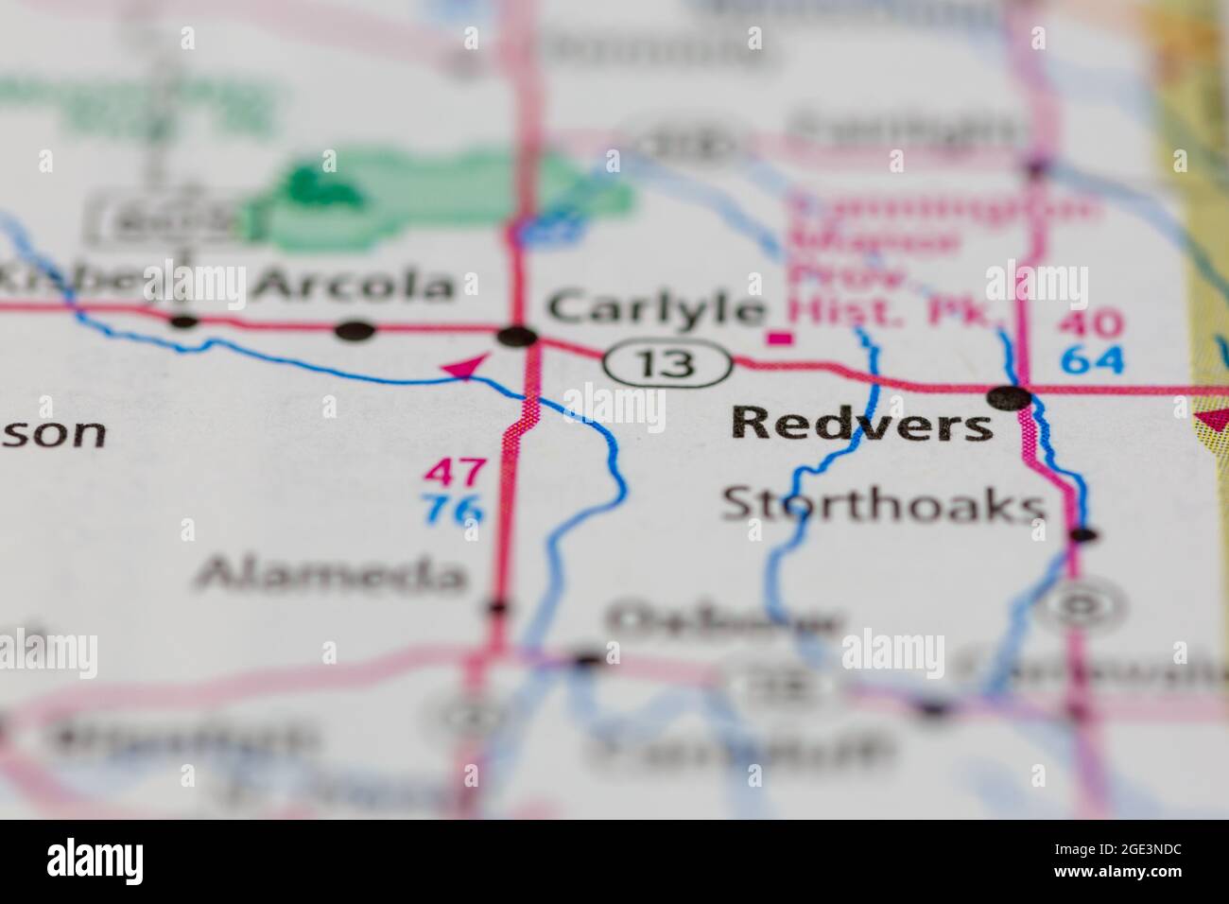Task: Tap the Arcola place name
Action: [x=356, y=284]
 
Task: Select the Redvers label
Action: [x=862, y=425]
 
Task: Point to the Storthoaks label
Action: [x=883, y=506]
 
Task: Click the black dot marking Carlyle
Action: [x=517, y=336]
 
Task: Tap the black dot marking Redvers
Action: [x=1010, y=398]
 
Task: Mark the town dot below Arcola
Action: [x=355, y=330]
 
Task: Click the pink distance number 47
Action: [x=456, y=472]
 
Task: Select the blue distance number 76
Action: [x=455, y=512]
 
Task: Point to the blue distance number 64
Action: [x=1092, y=359]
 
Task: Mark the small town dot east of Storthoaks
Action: [x=1083, y=535]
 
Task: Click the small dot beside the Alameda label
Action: [x=497, y=607]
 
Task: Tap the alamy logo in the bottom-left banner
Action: [x=96, y=861]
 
